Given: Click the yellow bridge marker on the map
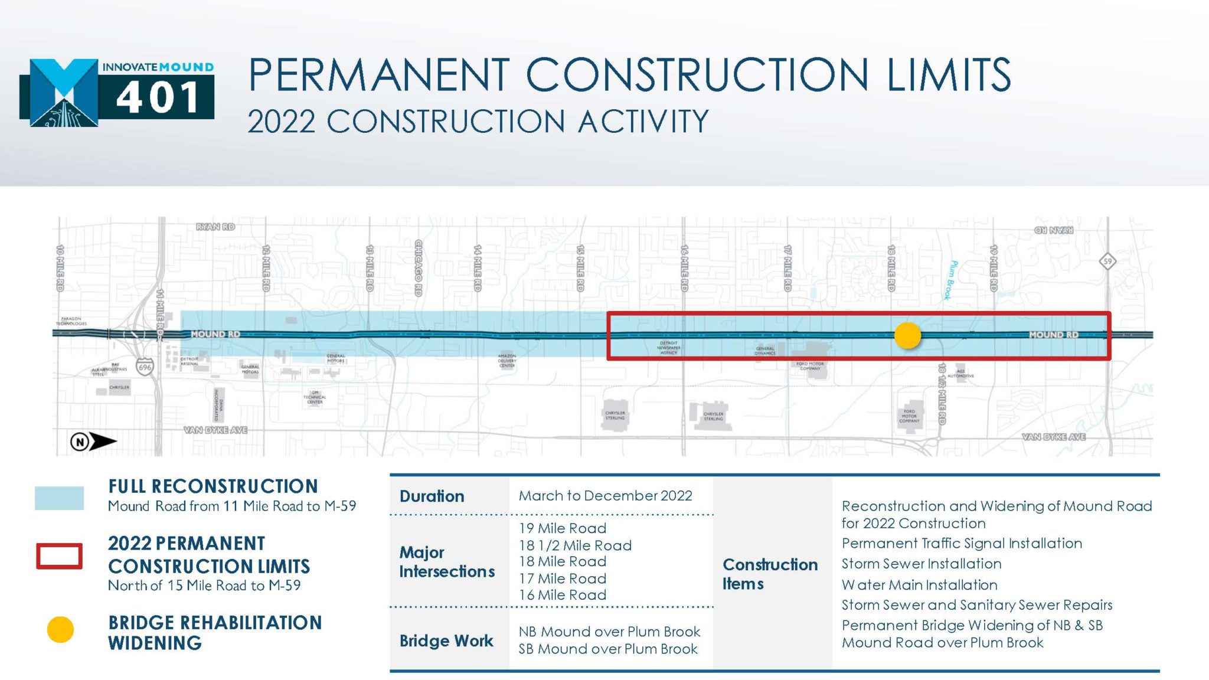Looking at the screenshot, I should coord(907,335).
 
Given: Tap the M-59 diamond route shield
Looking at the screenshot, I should coord(1107,261).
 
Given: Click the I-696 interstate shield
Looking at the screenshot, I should coord(145,367).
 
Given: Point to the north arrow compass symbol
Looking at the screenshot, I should coord(93,441).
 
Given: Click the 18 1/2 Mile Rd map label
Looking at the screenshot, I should coord(942,393).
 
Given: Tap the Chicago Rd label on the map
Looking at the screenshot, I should coord(419,267).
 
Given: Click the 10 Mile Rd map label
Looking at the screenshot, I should coord(60,267).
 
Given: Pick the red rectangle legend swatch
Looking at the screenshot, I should coord(59,555).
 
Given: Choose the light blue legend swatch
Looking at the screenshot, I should coord(59,498).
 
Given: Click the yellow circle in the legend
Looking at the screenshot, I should coord(60,629).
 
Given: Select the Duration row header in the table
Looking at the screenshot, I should coord(432,496).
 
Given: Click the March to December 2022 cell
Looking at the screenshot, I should coord(605,495).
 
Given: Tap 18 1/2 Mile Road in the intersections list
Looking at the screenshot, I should coord(575,545).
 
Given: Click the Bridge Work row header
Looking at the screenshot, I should coord(446,640).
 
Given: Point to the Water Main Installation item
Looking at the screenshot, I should coord(919,584).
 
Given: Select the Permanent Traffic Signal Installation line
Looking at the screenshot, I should coord(962,543).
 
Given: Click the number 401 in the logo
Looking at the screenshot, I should coord(158,97).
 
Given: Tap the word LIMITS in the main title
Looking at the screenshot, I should coord(949,75).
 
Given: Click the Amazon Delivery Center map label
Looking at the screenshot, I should coord(507,361).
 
